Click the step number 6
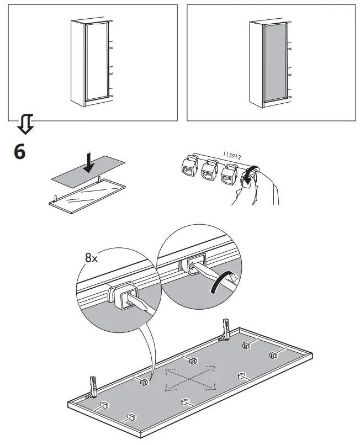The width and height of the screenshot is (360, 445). pyautogui.click(x=19, y=151)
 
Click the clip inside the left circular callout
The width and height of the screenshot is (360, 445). pyautogui.click(x=125, y=295)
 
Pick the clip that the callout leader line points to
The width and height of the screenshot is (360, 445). pyautogui.click(x=144, y=381)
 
